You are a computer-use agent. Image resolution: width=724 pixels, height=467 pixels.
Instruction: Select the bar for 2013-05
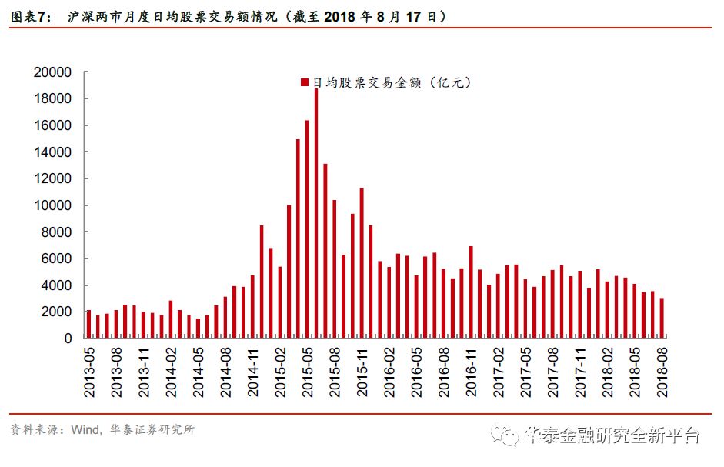(x=88, y=324)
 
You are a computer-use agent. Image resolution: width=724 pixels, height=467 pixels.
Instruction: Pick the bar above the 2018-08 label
(x=662, y=318)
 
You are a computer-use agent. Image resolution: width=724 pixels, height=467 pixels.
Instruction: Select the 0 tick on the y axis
(x=68, y=339)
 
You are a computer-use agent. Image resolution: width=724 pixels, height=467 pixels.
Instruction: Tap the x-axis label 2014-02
(x=171, y=371)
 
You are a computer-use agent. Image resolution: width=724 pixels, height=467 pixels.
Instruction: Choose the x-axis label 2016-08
(x=443, y=371)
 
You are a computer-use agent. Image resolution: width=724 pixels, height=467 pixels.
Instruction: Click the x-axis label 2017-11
(x=579, y=371)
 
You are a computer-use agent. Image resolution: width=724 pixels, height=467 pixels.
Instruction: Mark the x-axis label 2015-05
(x=307, y=371)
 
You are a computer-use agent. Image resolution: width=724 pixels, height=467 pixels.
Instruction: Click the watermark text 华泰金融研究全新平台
(x=612, y=436)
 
